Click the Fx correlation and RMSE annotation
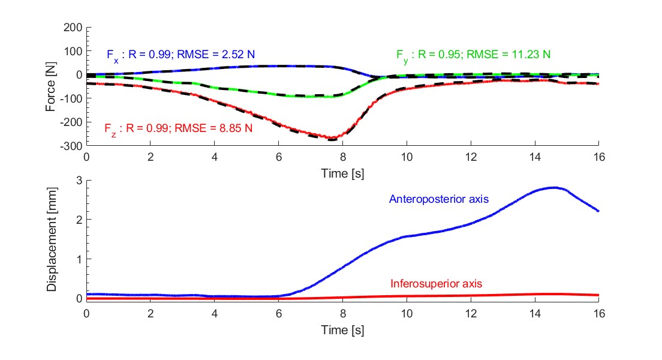point(180,55)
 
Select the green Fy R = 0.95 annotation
point(473,55)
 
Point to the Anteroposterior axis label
point(439,199)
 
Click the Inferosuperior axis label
point(436,283)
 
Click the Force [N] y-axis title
point(52,85)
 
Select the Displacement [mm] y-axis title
point(52,240)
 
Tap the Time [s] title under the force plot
point(342,174)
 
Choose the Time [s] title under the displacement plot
point(342,329)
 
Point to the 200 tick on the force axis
point(73,28)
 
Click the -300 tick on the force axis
point(71,145)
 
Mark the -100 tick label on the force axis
point(71,98)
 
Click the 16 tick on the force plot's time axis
point(598,157)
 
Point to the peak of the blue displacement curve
point(555,188)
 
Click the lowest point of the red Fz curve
point(332,139)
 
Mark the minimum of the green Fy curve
point(318,96)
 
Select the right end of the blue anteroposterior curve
point(598,211)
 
